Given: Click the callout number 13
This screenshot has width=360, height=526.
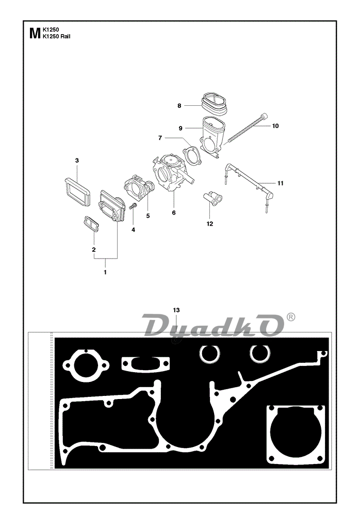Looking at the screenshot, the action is pyautogui.click(x=176, y=310).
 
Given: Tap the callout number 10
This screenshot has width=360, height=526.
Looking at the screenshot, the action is pyautogui.click(x=275, y=126).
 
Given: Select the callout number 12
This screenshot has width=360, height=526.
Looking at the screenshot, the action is pyautogui.click(x=210, y=224).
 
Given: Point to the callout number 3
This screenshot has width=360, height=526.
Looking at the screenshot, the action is pyautogui.click(x=77, y=161).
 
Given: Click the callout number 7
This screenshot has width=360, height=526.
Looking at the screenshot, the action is pyautogui.click(x=160, y=138).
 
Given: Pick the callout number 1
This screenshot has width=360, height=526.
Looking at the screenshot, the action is pyautogui.click(x=105, y=272).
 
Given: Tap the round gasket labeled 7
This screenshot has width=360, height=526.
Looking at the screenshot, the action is pyautogui.click(x=191, y=155).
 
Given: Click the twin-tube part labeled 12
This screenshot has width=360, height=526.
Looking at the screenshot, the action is pyautogui.click(x=213, y=197).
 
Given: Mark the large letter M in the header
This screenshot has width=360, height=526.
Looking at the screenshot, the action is pyautogui.click(x=35, y=34).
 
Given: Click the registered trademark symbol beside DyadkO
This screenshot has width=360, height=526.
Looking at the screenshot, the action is pyautogui.click(x=291, y=317).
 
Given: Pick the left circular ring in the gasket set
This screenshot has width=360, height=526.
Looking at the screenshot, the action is pyautogui.click(x=210, y=354).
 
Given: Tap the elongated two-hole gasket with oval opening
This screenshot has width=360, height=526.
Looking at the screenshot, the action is pyautogui.click(x=145, y=364).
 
